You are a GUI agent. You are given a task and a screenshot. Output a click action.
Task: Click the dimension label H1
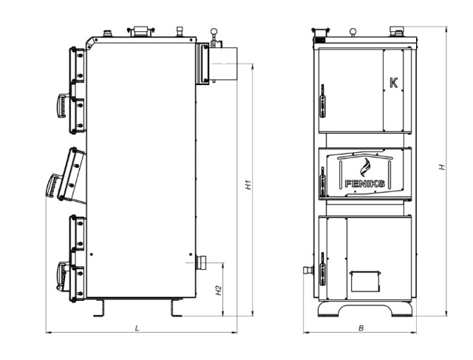[x=248, y=185]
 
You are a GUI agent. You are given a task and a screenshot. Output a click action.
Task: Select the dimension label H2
[x=219, y=291]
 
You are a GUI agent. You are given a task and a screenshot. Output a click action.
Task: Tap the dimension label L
[x=137, y=328]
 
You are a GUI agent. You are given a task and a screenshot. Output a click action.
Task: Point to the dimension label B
[x=361, y=328]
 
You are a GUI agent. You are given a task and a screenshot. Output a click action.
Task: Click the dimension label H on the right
[x=442, y=167]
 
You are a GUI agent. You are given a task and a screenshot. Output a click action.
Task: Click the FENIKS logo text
[x=364, y=183]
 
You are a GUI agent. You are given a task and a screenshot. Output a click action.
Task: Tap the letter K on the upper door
[x=394, y=83]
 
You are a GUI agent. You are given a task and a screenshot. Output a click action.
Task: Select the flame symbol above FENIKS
[x=364, y=168]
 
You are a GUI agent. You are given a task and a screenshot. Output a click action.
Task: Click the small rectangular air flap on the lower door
[x=364, y=281]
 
